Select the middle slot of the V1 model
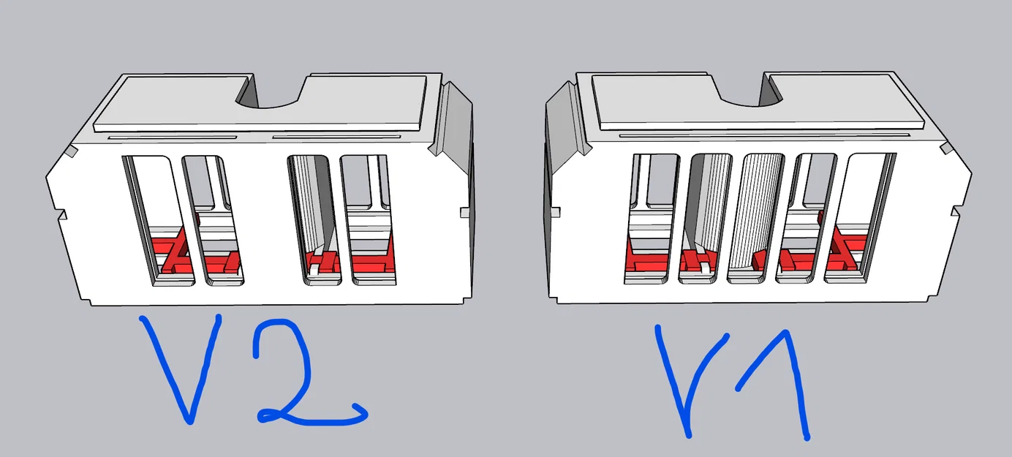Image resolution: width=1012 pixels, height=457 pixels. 755,219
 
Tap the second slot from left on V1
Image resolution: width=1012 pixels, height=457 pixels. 705,219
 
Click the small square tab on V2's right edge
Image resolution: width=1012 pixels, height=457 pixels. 465,212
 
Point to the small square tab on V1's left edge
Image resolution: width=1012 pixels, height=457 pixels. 555,212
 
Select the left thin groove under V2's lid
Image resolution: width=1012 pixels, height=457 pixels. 173,137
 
